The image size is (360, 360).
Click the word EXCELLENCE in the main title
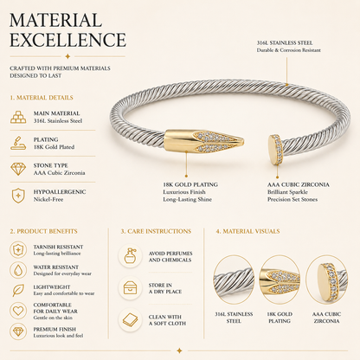click(68, 40)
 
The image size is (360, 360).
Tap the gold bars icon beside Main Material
click(18, 117)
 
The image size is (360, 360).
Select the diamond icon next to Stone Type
click(18, 169)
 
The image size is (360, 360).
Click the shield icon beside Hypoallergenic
click(18, 196)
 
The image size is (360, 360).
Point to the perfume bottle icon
click(130, 256)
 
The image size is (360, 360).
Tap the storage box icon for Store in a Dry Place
click(130, 288)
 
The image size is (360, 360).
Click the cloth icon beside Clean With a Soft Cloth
click(130, 319)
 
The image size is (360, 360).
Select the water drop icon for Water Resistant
click(18, 270)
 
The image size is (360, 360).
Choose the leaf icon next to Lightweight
click(18, 290)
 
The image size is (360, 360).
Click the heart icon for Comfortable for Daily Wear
click(18, 311)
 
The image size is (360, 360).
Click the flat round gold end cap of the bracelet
click(274, 150)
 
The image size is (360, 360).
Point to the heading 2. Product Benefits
click(44, 231)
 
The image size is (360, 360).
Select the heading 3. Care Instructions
click(156, 231)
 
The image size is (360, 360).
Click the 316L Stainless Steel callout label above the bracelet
click(285, 43)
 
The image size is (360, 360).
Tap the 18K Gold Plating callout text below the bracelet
click(190, 184)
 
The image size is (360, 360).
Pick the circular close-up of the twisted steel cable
click(234, 280)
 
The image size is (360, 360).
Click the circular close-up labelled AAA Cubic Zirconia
click(326, 280)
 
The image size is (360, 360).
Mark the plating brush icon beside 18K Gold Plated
click(18, 143)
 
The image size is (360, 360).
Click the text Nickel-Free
click(48, 199)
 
